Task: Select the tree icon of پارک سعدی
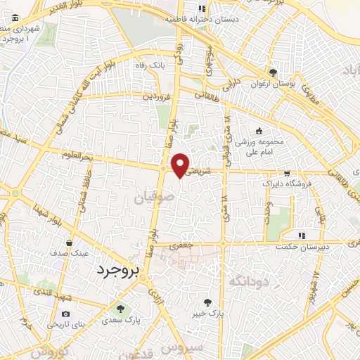pyautogui.click(x=120, y=308)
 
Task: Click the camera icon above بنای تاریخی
pyautogui.click(x=65, y=314)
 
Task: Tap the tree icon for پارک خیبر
pyautogui.click(x=207, y=302)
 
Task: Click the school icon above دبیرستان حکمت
pyautogui.click(x=301, y=235)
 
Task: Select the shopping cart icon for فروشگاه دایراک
pyautogui.click(x=286, y=173)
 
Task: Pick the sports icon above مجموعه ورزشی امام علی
pyautogui.click(x=259, y=131)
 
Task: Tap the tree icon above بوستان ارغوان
pyautogui.click(x=273, y=72)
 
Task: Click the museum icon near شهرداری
pyautogui.click(x=15, y=18)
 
